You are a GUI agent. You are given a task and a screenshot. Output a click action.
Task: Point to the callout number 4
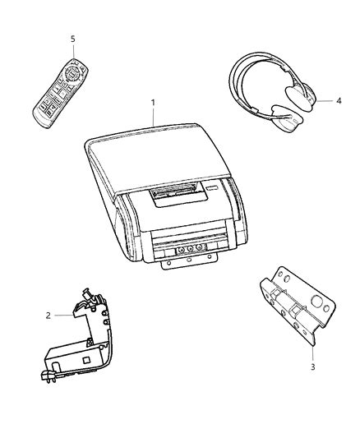(339, 100)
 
